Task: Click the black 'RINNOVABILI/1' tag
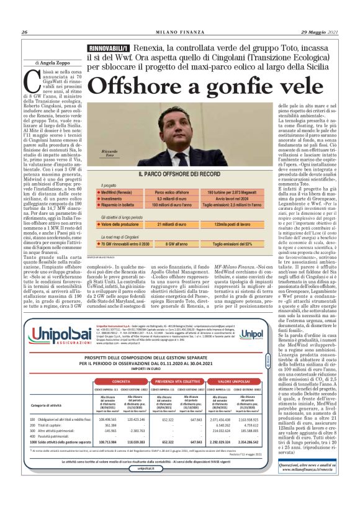coord(109,48)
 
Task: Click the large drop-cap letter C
coord(29,79)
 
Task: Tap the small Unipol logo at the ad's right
coord(252,335)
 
